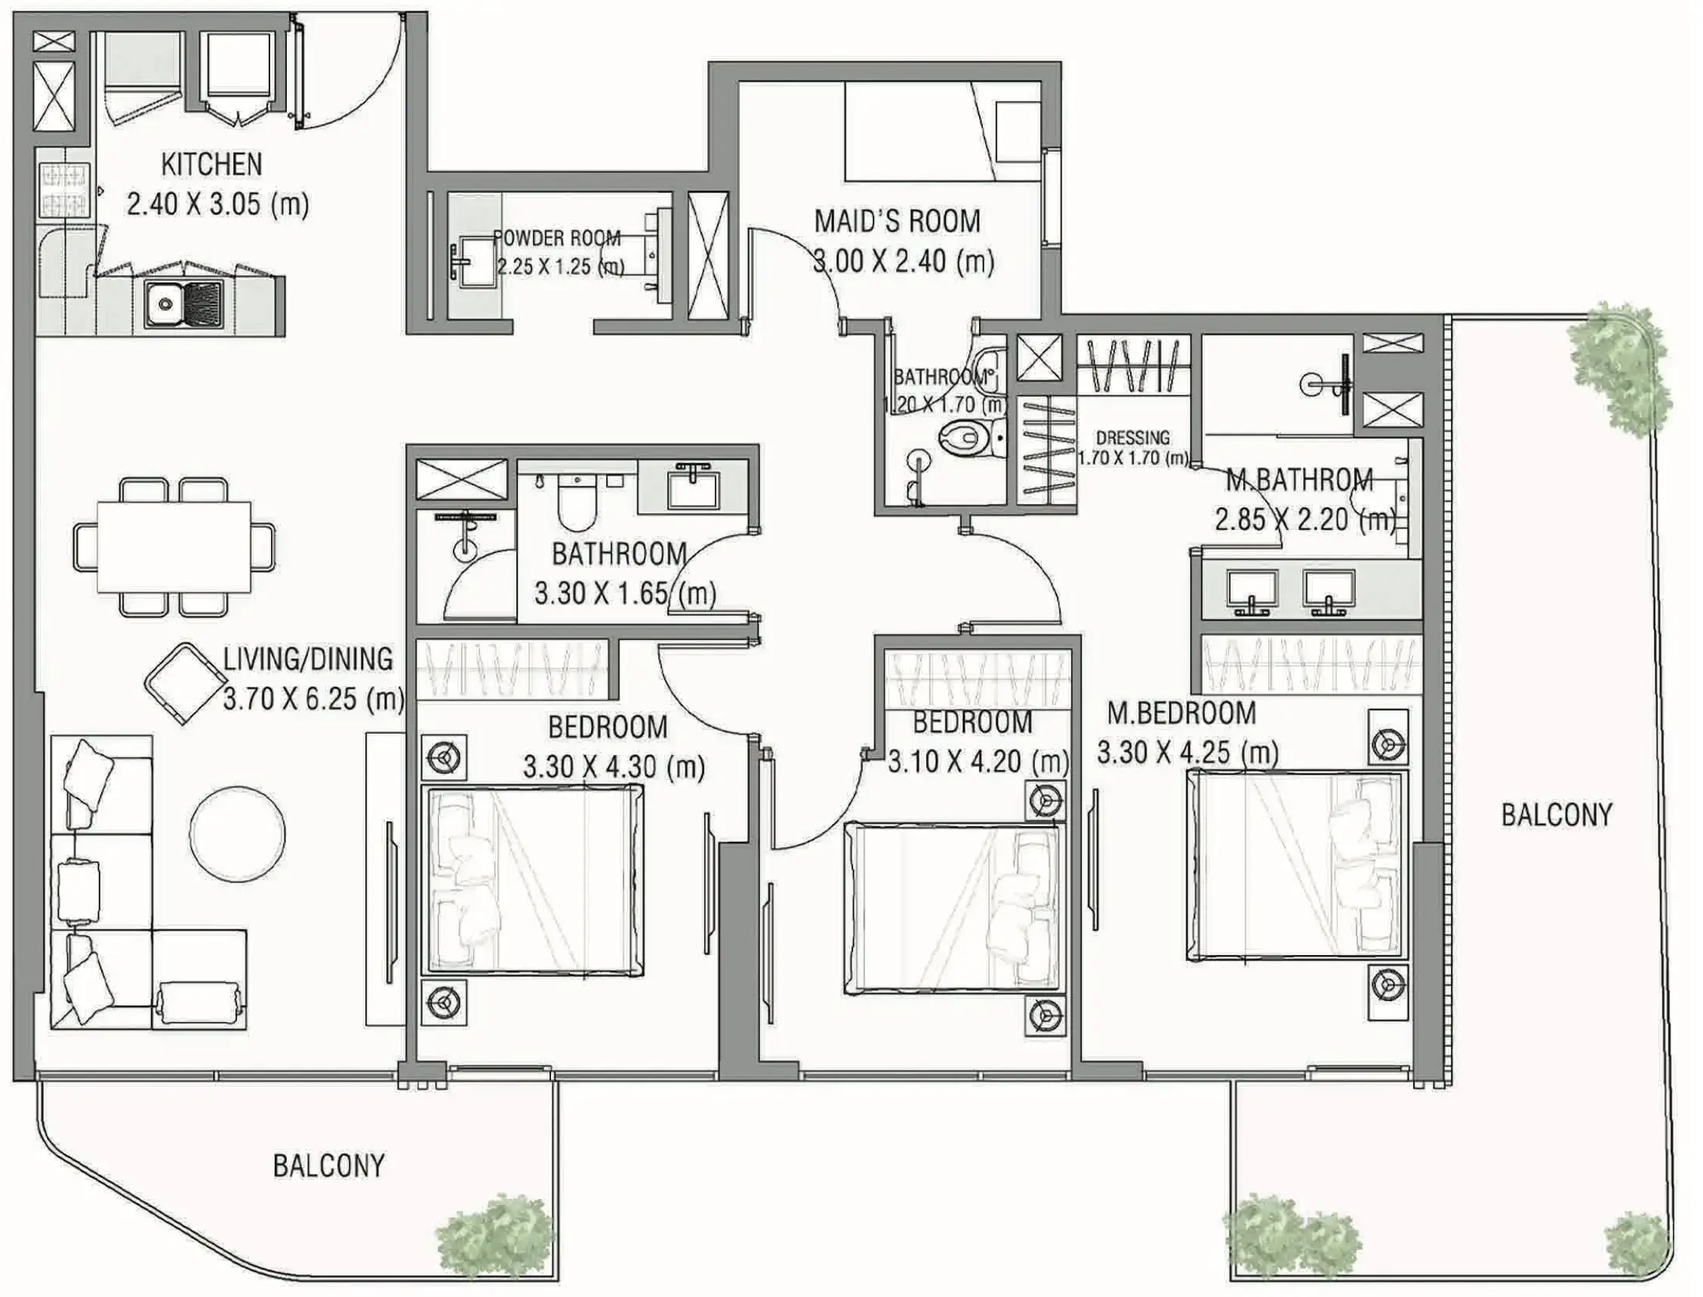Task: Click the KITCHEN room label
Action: click(211, 164)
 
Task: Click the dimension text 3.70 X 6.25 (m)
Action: click(313, 699)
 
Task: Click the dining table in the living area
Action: click(174, 547)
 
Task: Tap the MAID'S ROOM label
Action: click(897, 221)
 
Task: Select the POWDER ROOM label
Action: click(557, 238)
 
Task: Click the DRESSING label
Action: click(1132, 438)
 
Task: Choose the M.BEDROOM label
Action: click(1181, 713)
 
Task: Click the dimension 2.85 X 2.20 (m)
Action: click(1304, 519)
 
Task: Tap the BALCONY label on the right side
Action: click(1557, 815)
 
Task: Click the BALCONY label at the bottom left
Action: click(329, 1166)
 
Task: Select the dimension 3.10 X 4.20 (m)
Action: click(978, 762)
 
